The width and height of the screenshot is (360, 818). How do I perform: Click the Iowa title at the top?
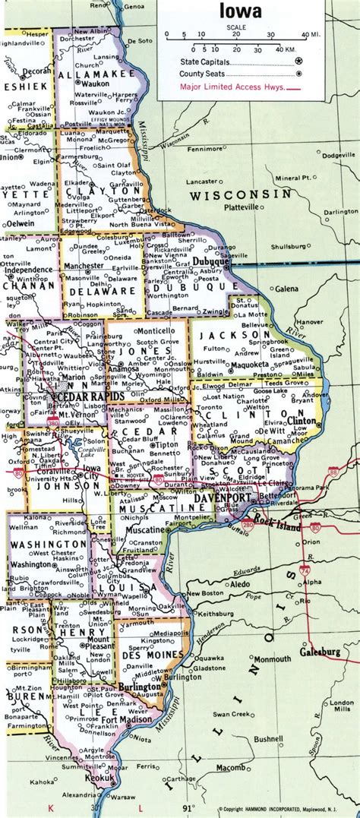[242, 11]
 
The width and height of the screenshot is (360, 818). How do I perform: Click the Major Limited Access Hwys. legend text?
[232, 87]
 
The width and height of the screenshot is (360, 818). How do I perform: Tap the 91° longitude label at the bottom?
[189, 807]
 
